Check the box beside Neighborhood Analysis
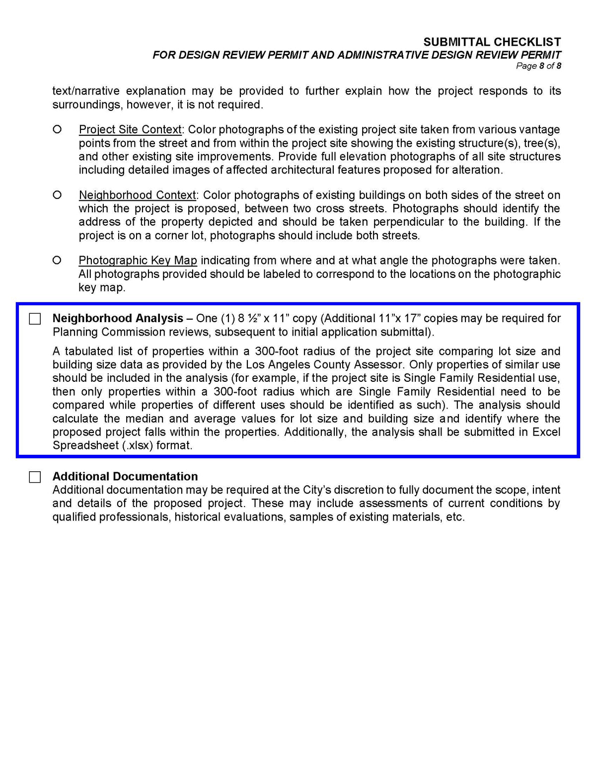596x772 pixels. point(35,319)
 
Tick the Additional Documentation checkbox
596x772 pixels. point(35,477)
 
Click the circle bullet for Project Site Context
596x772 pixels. point(57,129)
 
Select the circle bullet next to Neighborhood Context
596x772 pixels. point(57,194)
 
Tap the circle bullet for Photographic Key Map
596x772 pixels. point(57,260)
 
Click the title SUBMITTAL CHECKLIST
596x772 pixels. point(492,42)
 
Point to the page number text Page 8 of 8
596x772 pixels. point(538,66)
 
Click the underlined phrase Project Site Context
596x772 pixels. point(130,129)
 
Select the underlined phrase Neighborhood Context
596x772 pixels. point(138,195)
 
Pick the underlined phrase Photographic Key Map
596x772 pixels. point(138,260)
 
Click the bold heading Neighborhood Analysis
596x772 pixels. point(118,318)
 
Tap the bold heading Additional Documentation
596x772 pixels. point(125,476)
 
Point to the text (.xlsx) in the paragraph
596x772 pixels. point(138,445)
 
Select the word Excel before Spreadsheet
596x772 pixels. point(546,432)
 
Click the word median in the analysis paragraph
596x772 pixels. point(141,419)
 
